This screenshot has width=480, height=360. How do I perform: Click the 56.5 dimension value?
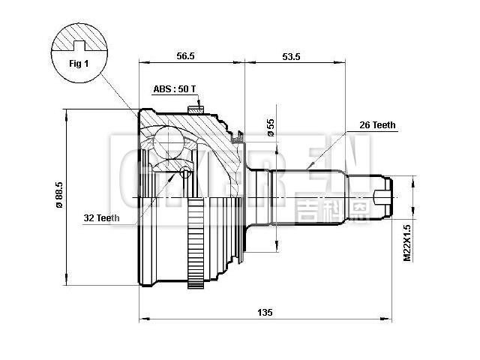point(185,55)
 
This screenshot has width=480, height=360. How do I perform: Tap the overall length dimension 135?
point(265,312)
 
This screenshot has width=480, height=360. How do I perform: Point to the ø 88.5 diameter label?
point(58,196)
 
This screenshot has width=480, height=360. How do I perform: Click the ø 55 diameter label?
point(271,128)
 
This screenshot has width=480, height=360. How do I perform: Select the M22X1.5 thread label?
point(407,241)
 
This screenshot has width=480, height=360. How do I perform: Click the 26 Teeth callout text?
point(377,125)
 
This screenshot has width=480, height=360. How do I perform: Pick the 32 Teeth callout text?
point(101,218)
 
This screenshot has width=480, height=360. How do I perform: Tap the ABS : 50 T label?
point(174,88)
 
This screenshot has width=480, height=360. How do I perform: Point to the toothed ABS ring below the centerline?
point(196,247)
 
